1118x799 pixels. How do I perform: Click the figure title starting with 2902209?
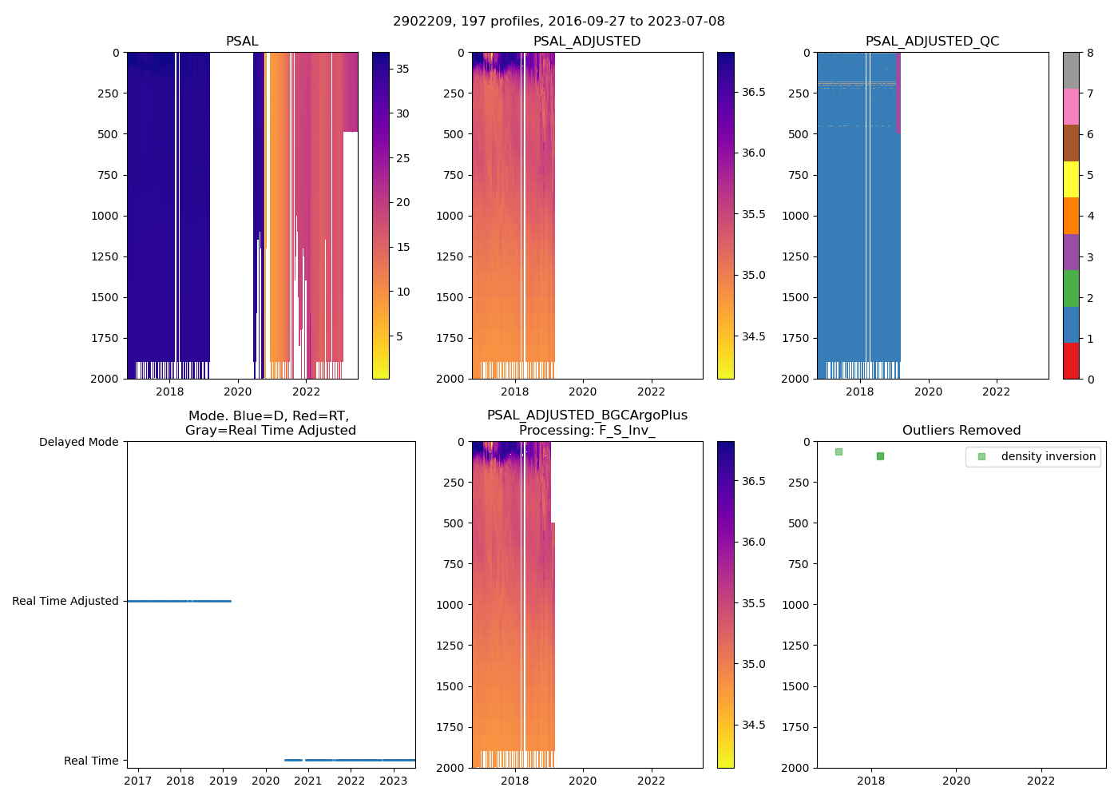coord(559,22)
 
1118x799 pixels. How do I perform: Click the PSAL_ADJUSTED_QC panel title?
coord(932,42)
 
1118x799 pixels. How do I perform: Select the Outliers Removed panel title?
coord(961,431)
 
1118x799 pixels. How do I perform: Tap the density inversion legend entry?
coord(1048,457)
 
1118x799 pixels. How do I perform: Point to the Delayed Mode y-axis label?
coord(78,442)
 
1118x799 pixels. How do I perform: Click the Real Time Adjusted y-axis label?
coord(65,601)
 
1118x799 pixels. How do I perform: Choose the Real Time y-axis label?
coord(91,761)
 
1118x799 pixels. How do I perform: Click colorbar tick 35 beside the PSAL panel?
coord(402,69)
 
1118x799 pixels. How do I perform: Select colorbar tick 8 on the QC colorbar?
coord(1090,54)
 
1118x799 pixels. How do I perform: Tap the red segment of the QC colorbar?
coord(1071,361)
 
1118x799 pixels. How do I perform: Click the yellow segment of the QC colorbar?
coord(1071,180)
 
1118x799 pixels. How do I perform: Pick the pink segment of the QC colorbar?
coord(1071,107)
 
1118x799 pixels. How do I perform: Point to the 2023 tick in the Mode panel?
coord(394,781)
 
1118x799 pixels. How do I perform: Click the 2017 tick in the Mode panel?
coord(138,781)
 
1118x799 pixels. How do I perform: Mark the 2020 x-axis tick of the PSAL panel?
coord(238,392)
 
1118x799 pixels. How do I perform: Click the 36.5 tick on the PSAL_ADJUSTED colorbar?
coord(754,92)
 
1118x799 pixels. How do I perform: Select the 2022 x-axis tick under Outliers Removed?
coord(1041,781)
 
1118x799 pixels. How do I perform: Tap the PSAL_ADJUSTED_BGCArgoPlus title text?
coord(587,415)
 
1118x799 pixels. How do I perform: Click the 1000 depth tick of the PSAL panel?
coord(105,216)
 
